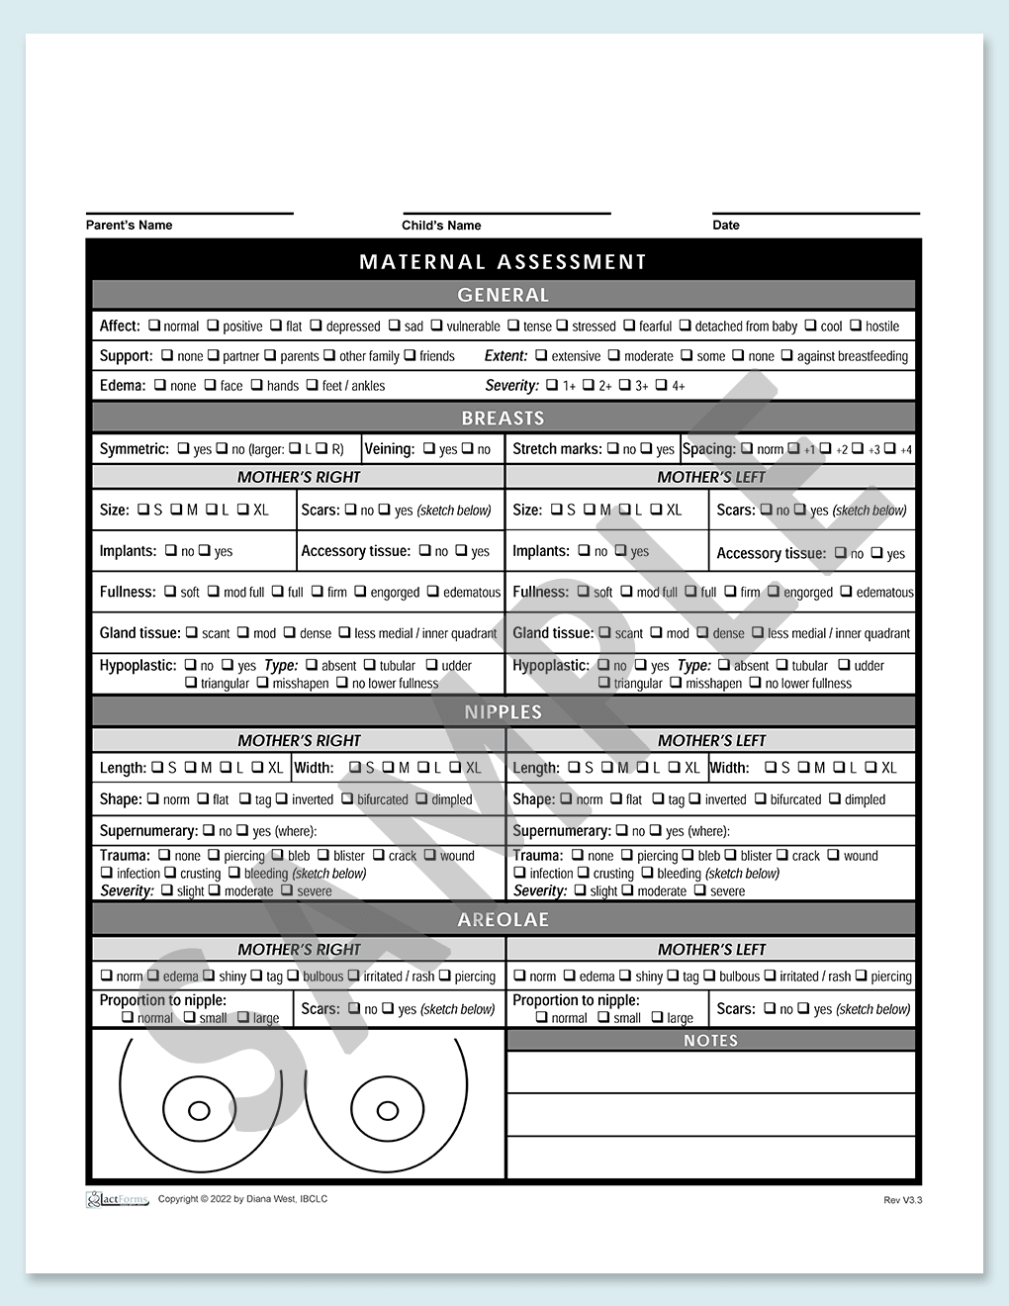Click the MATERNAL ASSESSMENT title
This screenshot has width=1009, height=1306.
[x=503, y=262]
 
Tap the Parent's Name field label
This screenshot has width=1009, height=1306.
[x=129, y=226]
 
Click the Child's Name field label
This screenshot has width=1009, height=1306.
[x=441, y=226]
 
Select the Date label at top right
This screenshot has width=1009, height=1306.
[x=726, y=226]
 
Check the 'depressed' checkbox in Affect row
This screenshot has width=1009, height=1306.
[x=316, y=326]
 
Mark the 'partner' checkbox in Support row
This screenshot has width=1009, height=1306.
[x=213, y=355]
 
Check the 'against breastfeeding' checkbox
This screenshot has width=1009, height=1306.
[x=787, y=355]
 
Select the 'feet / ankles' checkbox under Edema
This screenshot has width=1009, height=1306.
[x=312, y=385]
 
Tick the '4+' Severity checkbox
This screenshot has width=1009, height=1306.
[x=662, y=385]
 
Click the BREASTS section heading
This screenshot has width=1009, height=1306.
[x=503, y=418]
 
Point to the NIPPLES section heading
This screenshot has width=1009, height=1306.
[x=503, y=712]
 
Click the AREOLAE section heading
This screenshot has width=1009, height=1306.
[x=503, y=920]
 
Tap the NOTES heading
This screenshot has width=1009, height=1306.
[x=710, y=1041]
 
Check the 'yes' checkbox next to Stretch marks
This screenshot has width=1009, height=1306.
[x=647, y=448]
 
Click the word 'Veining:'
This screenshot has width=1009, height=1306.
[x=389, y=449]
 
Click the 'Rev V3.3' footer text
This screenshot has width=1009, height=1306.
[x=902, y=1200]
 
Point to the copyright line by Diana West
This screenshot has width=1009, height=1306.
[x=242, y=1199]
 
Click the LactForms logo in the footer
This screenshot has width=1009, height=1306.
[x=117, y=1200]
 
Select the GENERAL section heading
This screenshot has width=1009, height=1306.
[x=503, y=295]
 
